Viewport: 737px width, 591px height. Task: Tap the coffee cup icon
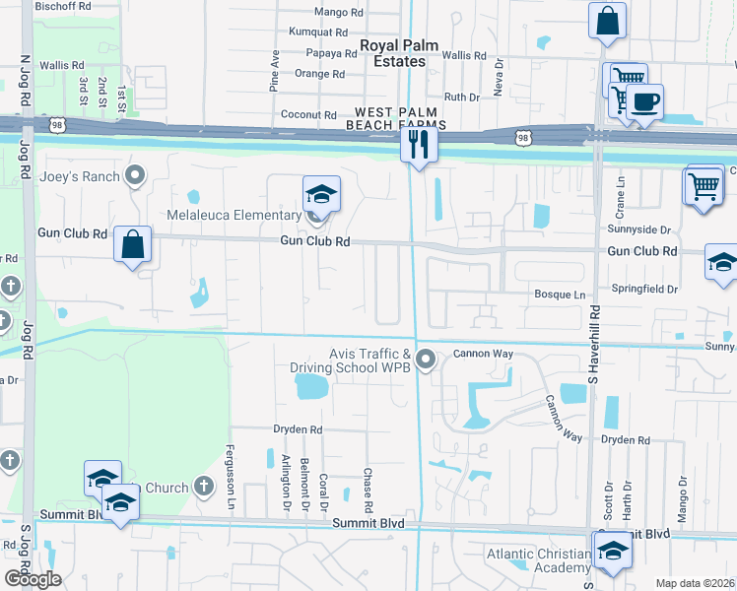(x=644, y=102)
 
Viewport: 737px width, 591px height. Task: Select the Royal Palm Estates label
(x=392, y=53)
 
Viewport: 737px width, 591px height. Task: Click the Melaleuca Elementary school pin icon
(x=321, y=194)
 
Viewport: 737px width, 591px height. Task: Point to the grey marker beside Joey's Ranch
(x=136, y=177)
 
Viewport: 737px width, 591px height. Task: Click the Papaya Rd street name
(x=331, y=53)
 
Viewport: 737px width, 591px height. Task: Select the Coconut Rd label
(x=308, y=115)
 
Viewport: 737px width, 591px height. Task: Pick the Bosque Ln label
(x=559, y=295)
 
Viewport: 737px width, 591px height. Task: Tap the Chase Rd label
(x=368, y=489)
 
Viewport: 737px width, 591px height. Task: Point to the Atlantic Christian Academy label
(x=537, y=560)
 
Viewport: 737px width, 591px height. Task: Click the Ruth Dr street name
(x=461, y=97)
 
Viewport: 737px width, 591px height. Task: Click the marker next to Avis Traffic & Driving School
(x=426, y=360)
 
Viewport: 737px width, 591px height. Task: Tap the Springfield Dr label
(x=645, y=290)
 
